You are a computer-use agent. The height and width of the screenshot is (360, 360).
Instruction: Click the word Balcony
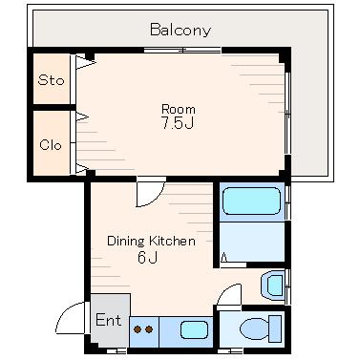point(180,31)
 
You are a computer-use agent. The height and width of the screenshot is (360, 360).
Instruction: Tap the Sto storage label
point(51,80)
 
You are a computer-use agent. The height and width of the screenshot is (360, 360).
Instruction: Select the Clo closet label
point(51,145)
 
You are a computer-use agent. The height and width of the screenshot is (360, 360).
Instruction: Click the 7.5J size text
point(178,123)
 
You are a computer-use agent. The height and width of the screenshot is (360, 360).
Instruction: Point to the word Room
point(179,109)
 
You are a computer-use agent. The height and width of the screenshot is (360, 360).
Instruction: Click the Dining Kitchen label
point(151,241)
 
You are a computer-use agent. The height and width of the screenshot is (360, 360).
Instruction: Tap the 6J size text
point(147,258)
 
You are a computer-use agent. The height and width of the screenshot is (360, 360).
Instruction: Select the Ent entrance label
point(108,320)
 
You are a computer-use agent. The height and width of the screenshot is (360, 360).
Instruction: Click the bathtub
point(251,201)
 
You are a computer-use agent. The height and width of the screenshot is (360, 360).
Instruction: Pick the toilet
point(261,328)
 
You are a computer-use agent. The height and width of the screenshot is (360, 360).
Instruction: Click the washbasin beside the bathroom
point(273,286)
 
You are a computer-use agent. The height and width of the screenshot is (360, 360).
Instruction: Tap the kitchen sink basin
point(194,329)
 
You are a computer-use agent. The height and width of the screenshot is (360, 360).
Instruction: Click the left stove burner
point(138,329)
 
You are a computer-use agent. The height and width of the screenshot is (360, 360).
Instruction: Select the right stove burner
point(149,329)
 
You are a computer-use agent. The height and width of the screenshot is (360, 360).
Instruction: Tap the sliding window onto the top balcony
point(182,50)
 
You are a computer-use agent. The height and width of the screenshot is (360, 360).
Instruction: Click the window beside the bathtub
point(287,202)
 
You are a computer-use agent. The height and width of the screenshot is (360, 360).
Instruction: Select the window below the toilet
point(230,351)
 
